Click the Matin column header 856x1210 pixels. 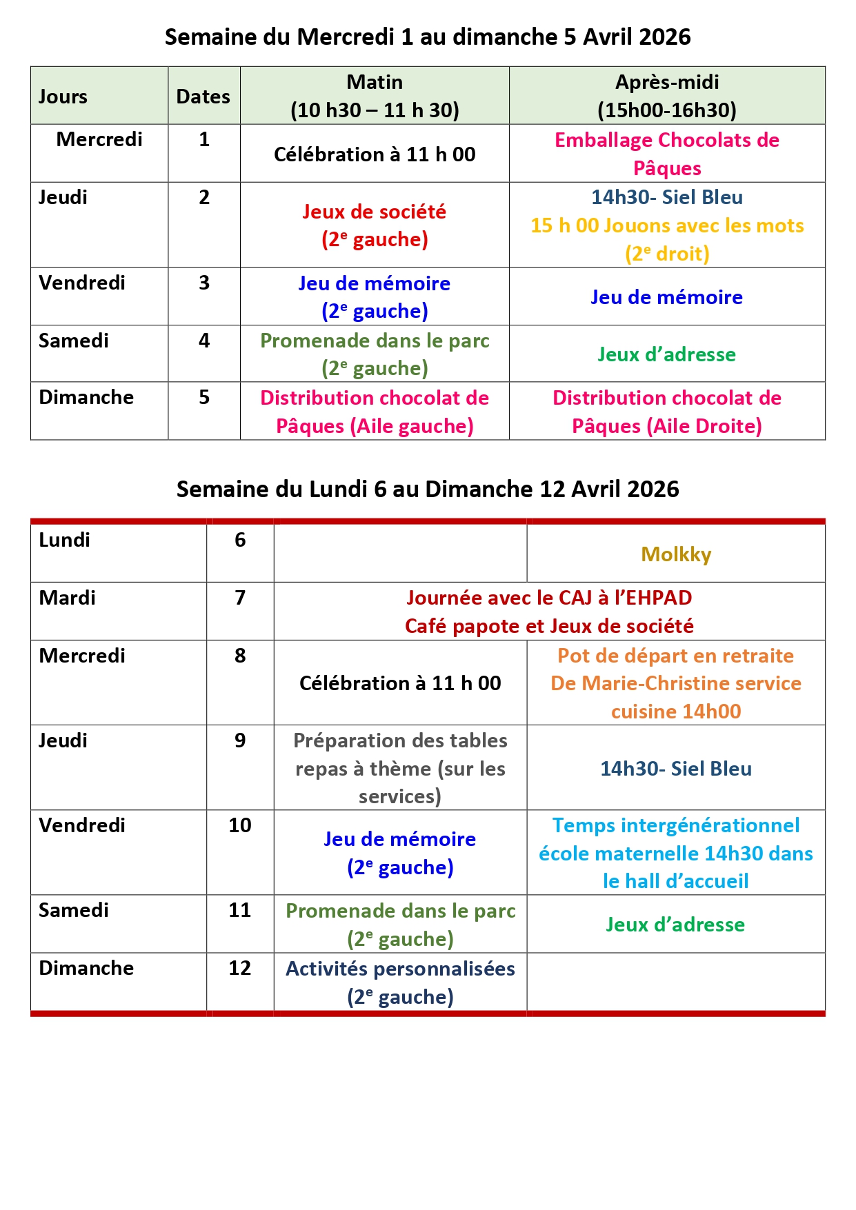click(375, 96)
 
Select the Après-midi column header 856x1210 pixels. click(667, 96)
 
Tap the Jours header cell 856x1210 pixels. click(63, 97)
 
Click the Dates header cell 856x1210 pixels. click(203, 97)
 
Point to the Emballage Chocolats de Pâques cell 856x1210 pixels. click(667, 154)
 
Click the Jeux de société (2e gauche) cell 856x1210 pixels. click(375, 225)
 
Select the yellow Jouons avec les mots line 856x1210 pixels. click(667, 225)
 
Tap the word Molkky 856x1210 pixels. click(676, 554)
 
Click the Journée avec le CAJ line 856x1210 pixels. click(549, 598)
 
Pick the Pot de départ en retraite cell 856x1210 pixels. click(676, 683)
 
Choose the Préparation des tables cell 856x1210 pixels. click(400, 768)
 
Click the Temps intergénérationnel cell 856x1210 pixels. click(676, 853)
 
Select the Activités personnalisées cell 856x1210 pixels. click(400, 982)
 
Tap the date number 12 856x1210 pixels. click(240, 968)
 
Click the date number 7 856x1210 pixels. click(240, 598)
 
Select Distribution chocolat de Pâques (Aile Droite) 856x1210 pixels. click(667, 412)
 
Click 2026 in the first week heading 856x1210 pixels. click(664, 37)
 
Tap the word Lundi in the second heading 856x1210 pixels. click(338, 489)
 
